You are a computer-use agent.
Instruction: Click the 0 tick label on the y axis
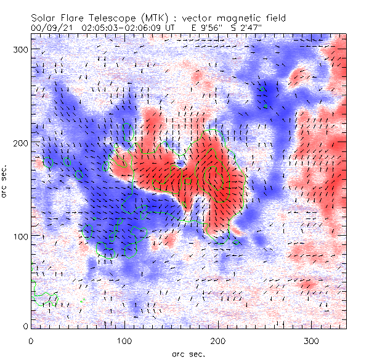point(25,326)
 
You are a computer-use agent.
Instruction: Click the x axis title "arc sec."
point(188,353)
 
